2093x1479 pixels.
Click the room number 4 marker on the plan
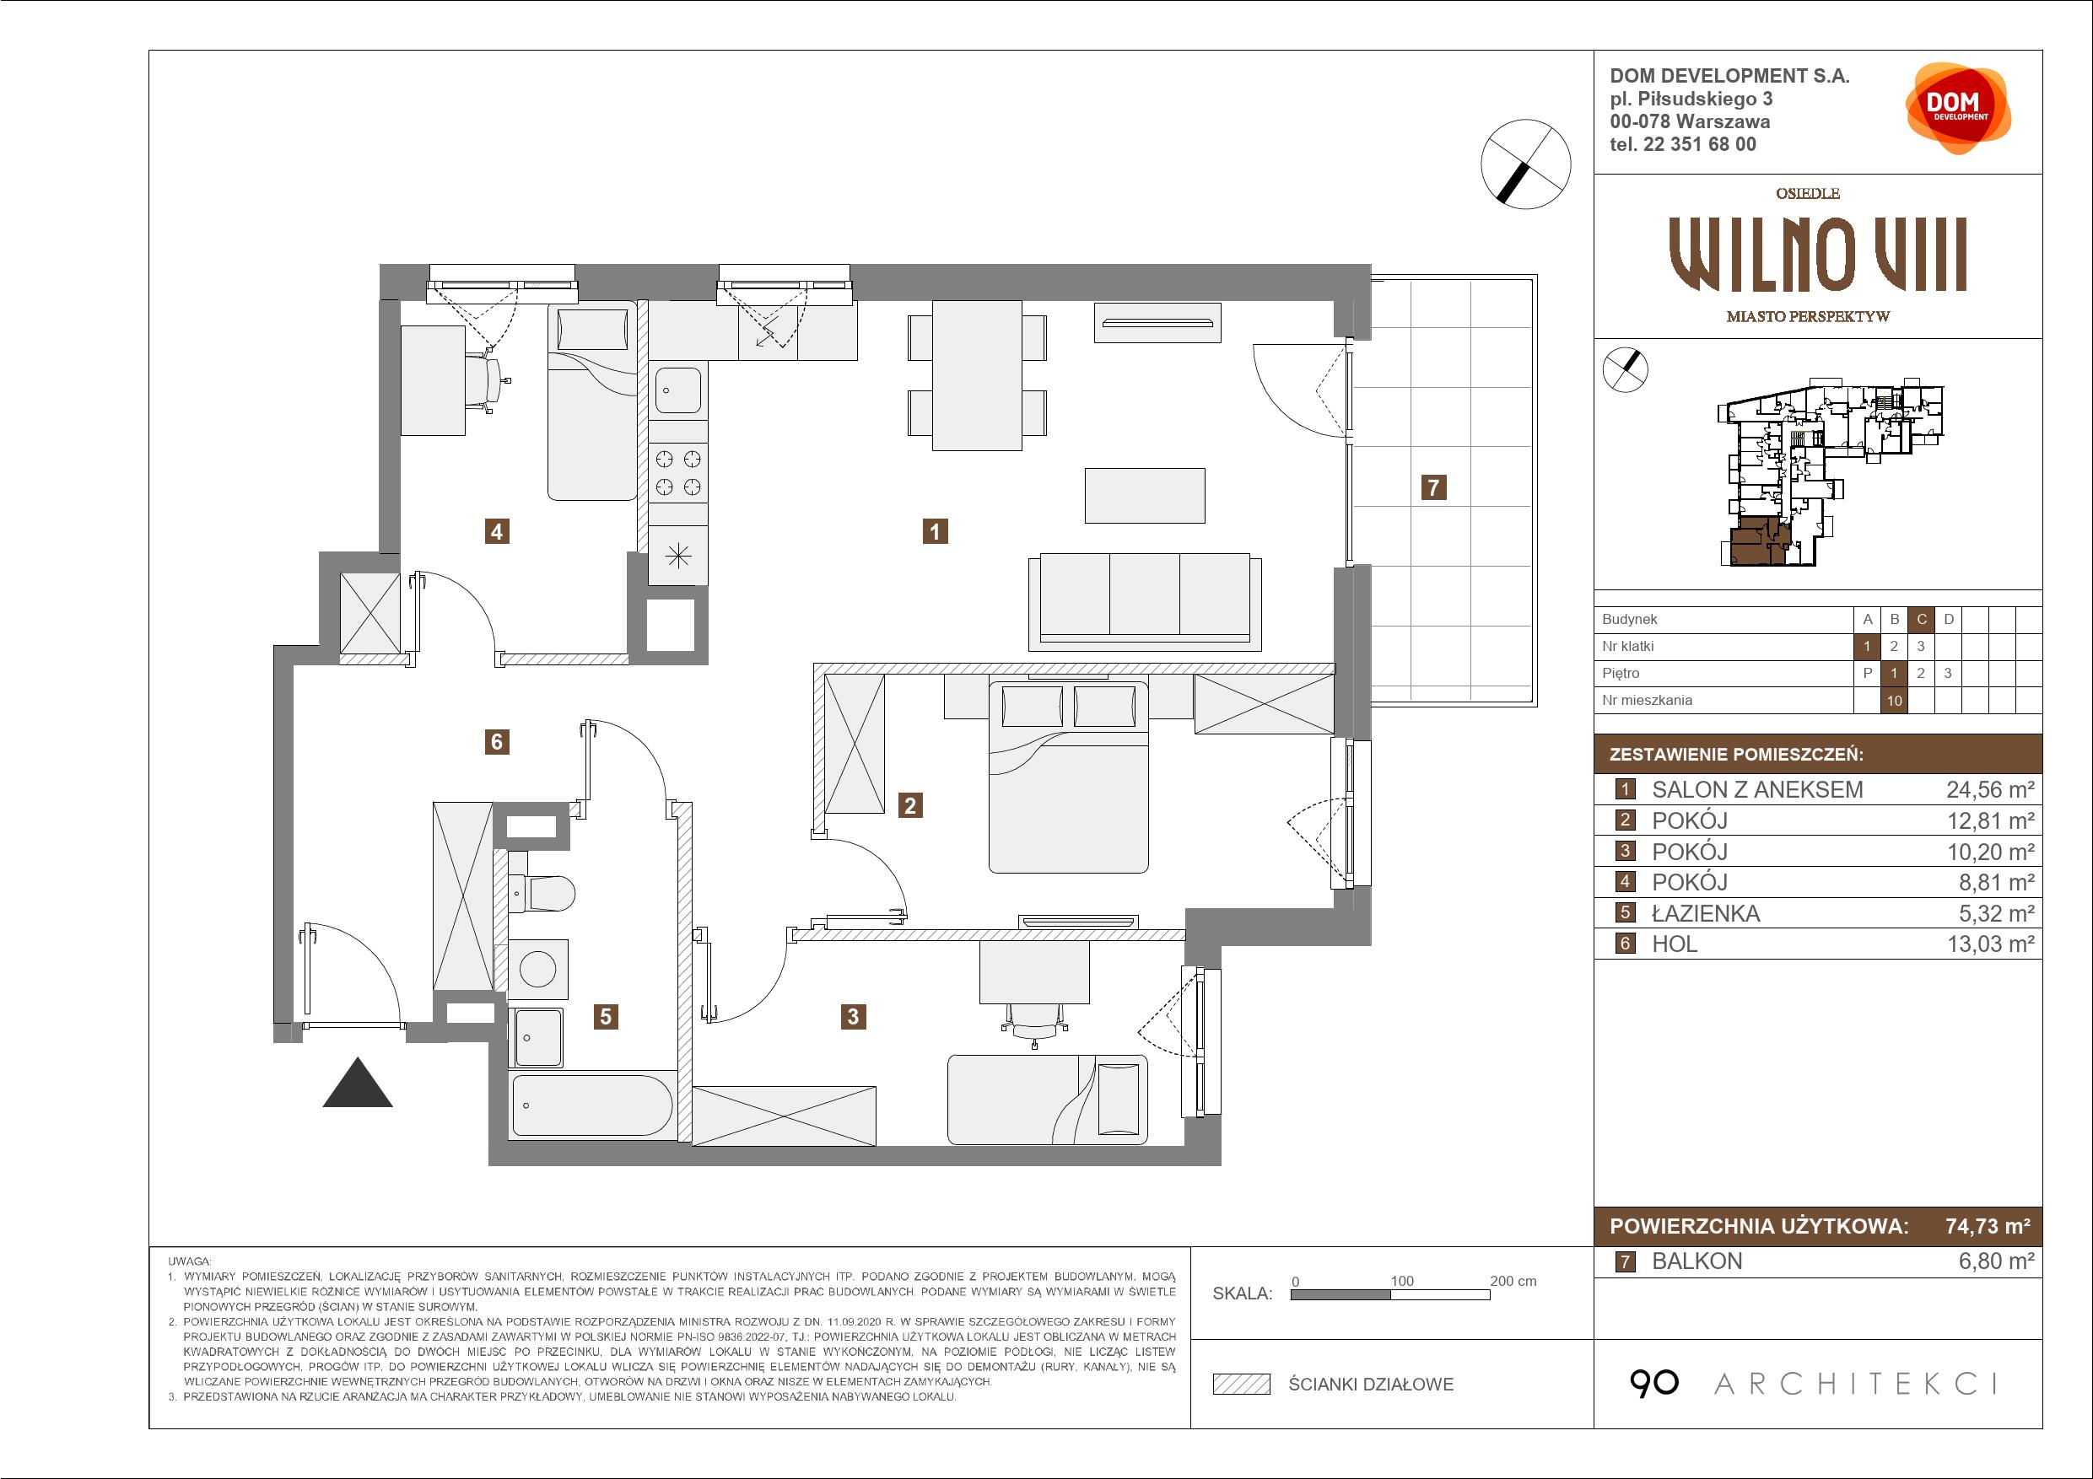[x=497, y=530]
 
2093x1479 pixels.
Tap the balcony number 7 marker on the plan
[x=1434, y=487]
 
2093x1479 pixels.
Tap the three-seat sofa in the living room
[x=1145, y=601]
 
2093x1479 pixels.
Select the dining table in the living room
[x=976, y=375]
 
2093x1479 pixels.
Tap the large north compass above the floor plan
[x=1526, y=165]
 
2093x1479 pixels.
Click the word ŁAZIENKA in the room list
[x=1706, y=914]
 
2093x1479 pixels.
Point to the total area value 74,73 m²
[x=1988, y=1227]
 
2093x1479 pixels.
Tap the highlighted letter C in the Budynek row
[x=1923, y=620]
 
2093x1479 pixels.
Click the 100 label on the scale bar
[x=1402, y=1281]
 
